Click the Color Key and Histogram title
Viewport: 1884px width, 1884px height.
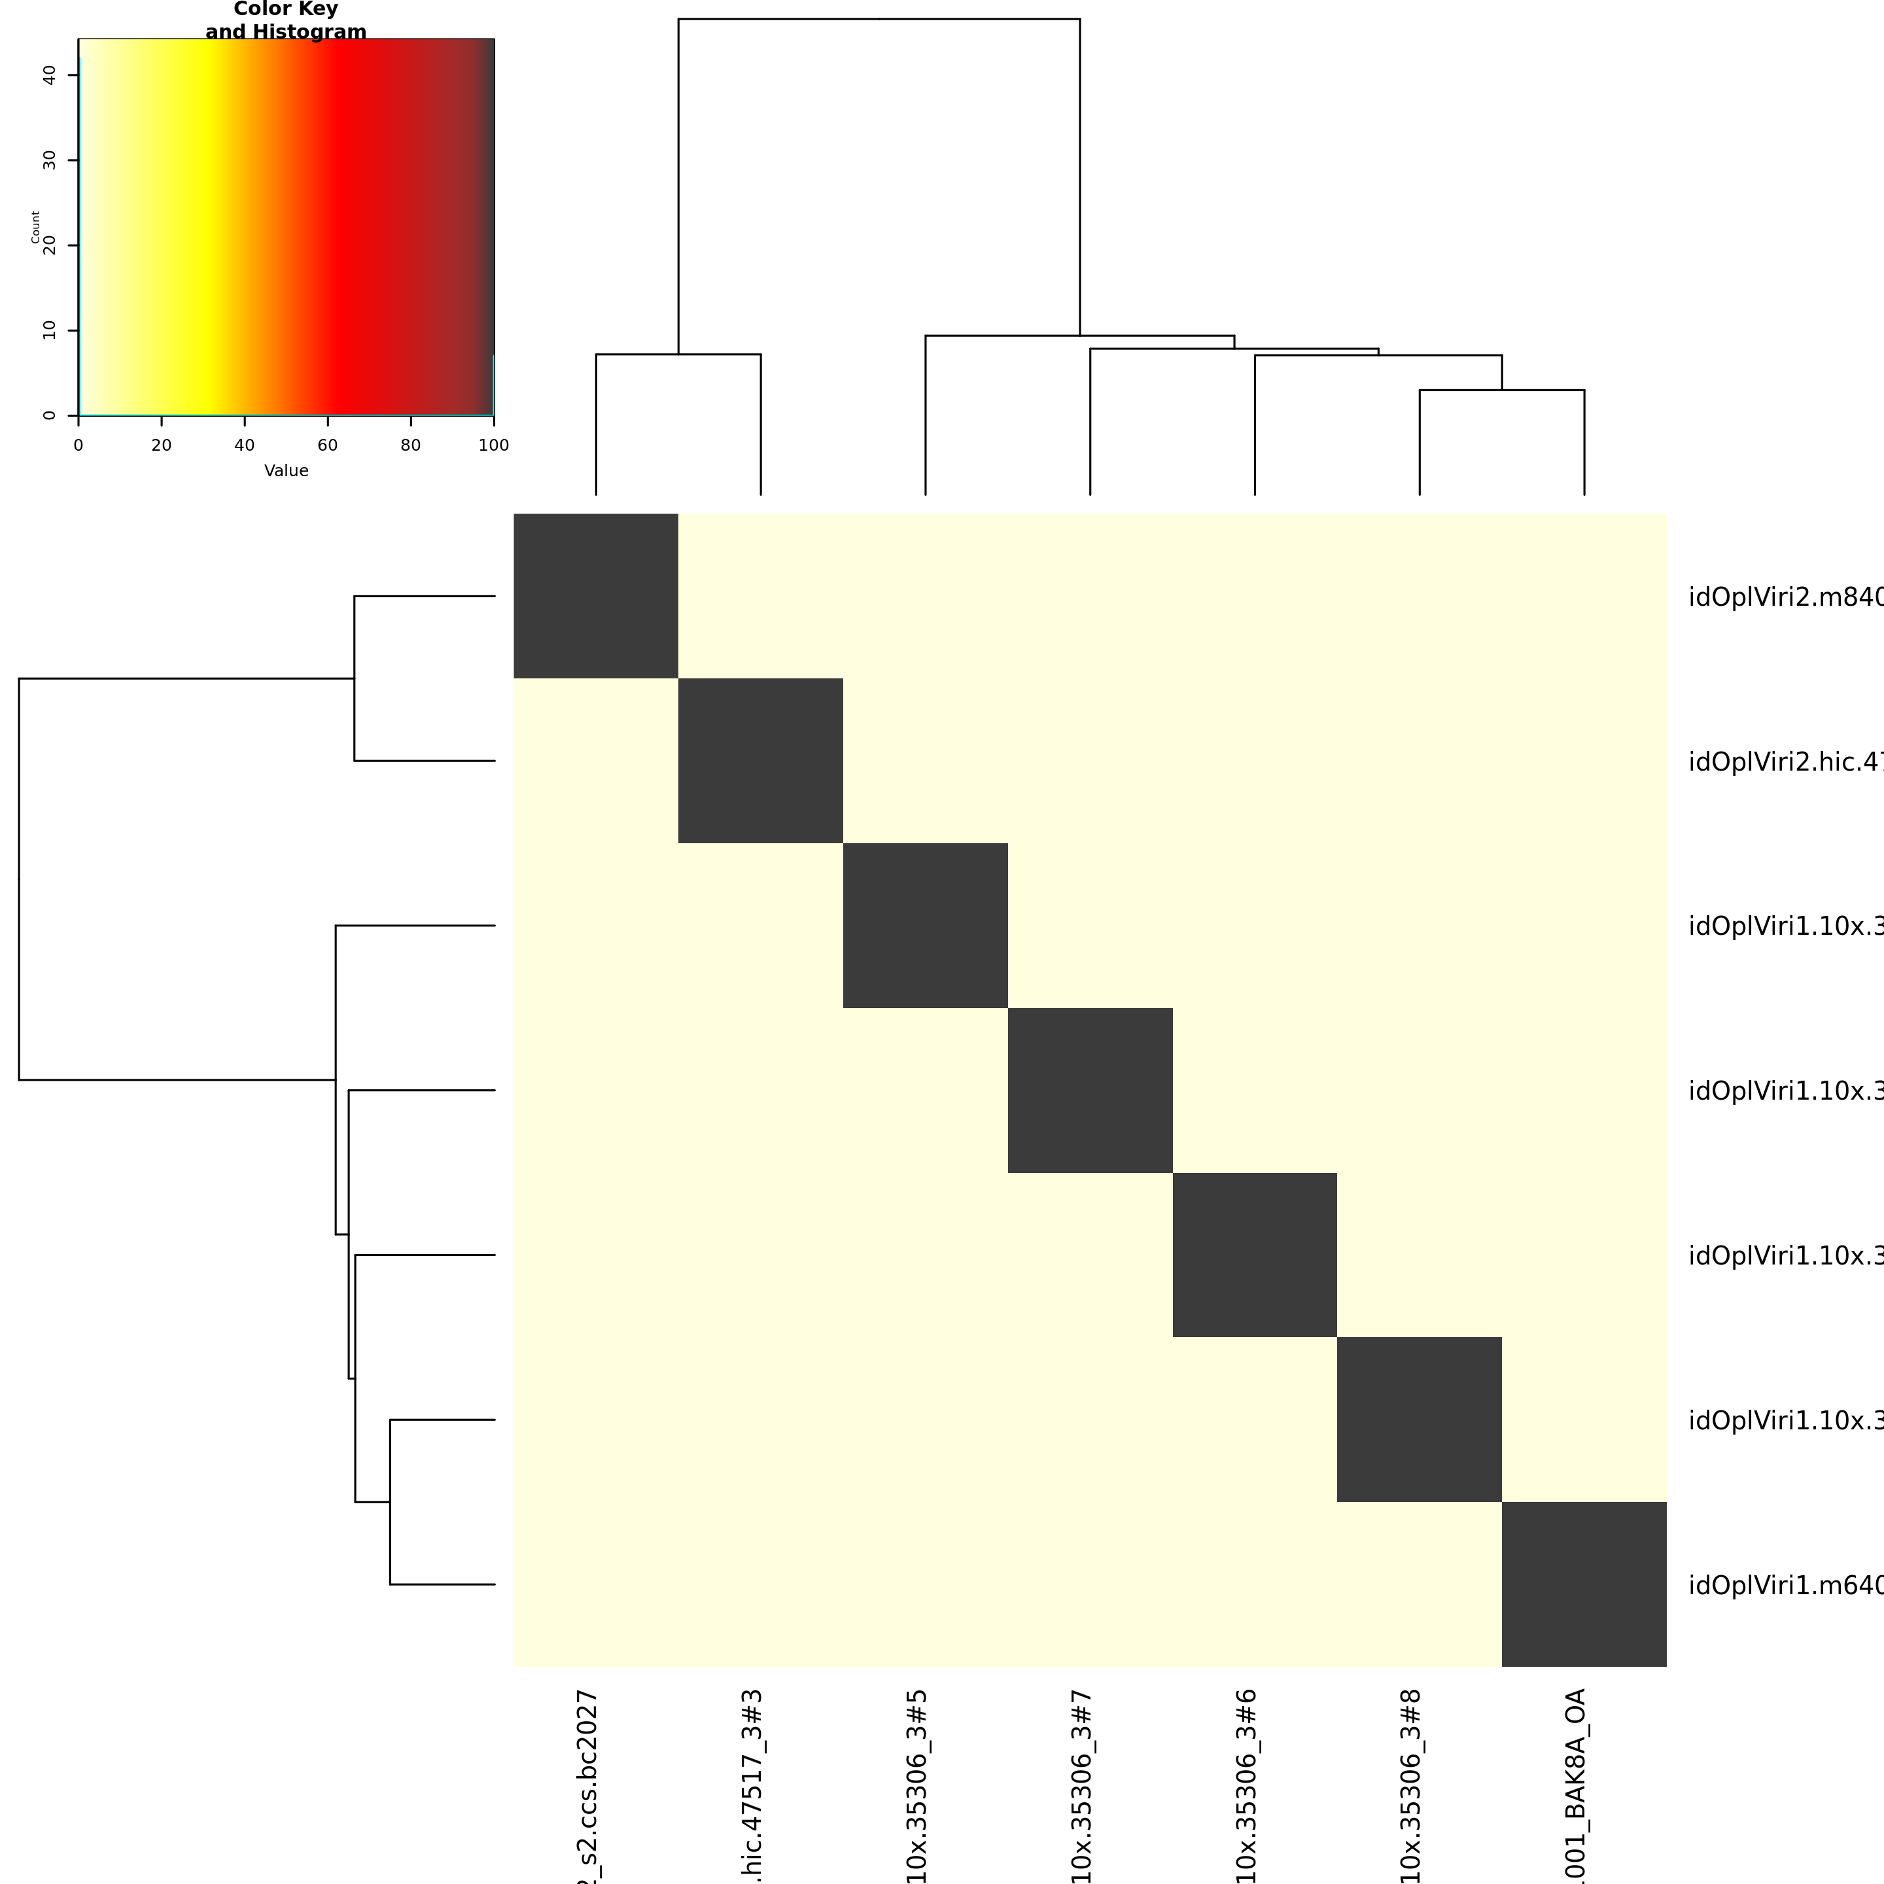pos(286,20)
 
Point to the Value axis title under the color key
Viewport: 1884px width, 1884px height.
pos(286,471)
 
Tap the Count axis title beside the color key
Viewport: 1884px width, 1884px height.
pos(35,226)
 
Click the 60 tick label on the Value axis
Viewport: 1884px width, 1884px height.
pos(328,445)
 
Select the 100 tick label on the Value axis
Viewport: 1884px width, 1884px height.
pos(493,445)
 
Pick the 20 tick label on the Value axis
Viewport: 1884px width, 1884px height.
pos(161,445)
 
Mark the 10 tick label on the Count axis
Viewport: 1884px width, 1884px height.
pos(50,330)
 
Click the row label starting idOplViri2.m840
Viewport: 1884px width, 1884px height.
pos(1785,597)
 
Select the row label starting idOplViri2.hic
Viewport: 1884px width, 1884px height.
pos(1785,761)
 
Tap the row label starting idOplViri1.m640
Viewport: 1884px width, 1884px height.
pos(1785,1586)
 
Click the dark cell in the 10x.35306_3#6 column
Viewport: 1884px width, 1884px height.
pos(1254,1255)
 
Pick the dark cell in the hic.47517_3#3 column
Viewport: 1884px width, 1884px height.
pos(761,761)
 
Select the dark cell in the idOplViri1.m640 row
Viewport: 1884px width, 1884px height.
pos(1584,1584)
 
